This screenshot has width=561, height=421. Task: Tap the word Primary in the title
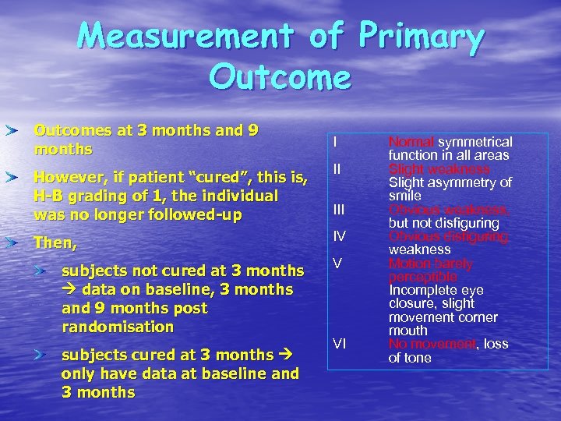click(x=421, y=37)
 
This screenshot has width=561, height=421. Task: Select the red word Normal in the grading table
click(x=411, y=142)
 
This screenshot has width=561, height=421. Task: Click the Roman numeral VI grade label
click(x=340, y=343)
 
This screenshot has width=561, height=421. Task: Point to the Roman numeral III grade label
click(x=338, y=209)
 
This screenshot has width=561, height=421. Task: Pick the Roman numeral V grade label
click(x=337, y=264)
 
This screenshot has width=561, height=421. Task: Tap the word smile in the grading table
click(x=404, y=196)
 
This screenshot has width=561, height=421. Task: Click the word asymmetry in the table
click(x=461, y=182)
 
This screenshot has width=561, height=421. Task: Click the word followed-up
click(x=193, y=214)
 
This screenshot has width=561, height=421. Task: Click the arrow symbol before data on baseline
click(x=69, y=290)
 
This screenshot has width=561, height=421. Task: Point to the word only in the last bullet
click(x=78, y=373)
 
